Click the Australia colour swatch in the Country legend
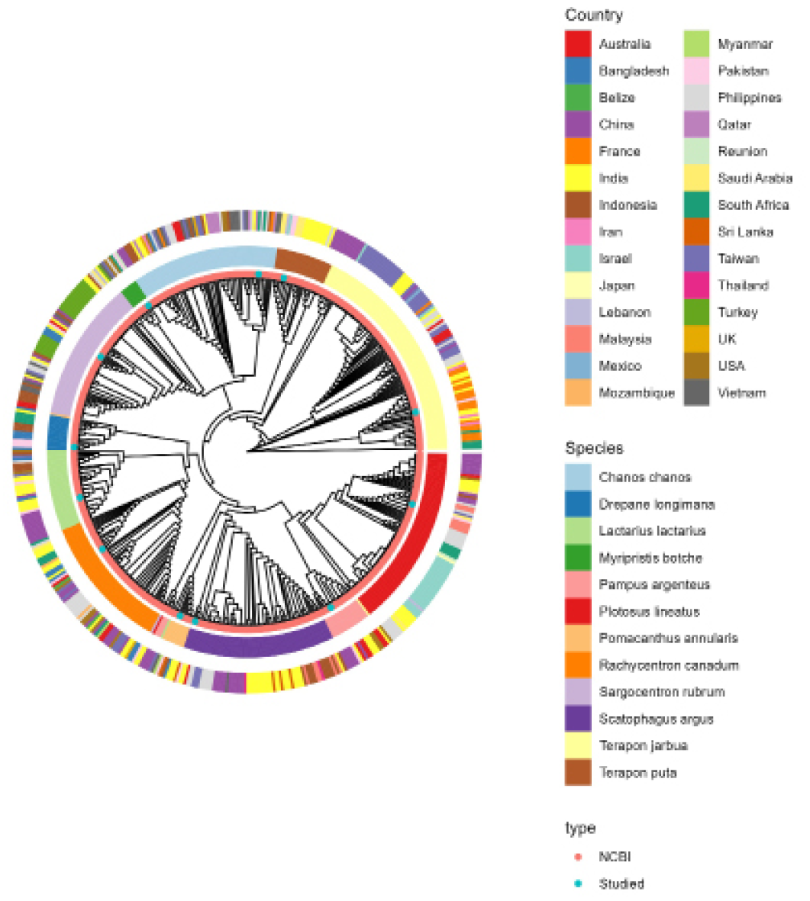(x=578, y=43)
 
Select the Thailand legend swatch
(x=696, y=285)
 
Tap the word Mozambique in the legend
(x=637, y=393)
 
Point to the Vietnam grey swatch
(x=696, y=393)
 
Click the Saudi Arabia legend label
(x=755, y=178)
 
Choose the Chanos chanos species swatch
(x=578, y=477)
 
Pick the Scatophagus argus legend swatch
(x=578, y=719)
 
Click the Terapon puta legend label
(x=637, y=773)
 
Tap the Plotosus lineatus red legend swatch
(x=578, y=611)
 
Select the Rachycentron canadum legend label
(x=669, y=665)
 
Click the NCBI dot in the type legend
(x=579, y=857)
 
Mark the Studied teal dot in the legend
(x=579, y=883)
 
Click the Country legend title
(x=594, y=15)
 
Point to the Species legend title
(x=595, y=448)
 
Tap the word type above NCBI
(x=580, y=829)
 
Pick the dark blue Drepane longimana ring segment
(x=58, y=433)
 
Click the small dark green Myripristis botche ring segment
(x=134, y=294)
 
